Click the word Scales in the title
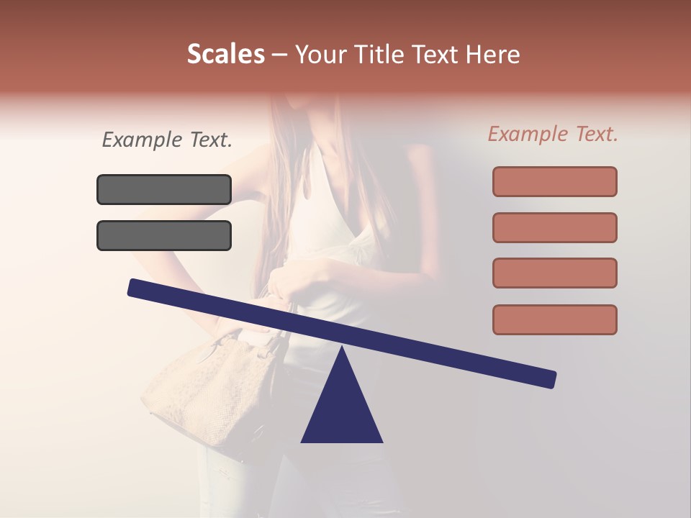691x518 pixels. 225,54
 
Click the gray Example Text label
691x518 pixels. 167,140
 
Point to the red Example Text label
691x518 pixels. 553,134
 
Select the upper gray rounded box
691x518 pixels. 164,189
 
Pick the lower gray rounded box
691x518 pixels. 164,235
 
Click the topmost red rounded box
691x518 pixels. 554,181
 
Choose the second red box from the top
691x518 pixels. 554,227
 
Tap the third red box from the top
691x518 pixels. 554,273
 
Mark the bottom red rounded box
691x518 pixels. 554,319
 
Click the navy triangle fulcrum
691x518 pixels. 342,410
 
